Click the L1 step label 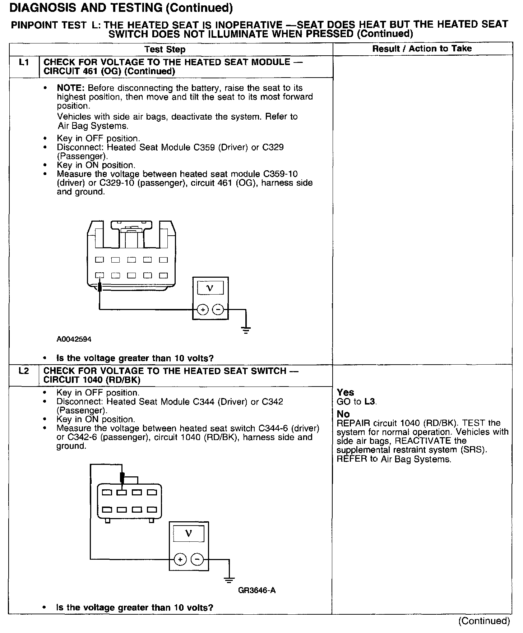click(24, 63)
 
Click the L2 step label click(24, 371)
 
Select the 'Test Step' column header click(165, 50)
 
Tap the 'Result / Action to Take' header click(422, 48)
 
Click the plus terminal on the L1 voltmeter click(203, 309)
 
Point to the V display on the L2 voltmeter click(189, 533)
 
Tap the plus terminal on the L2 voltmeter click(180, 559)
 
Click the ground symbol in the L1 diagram click(246, 330)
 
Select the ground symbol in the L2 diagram click(229, 580)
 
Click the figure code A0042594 click(74, 339)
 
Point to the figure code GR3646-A click(257, 590)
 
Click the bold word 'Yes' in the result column click(345, 392)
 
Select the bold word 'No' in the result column click(343, 414)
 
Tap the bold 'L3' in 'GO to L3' click(370, 401)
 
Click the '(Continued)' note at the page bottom click(484, 621)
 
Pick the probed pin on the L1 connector click(99, 276)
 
